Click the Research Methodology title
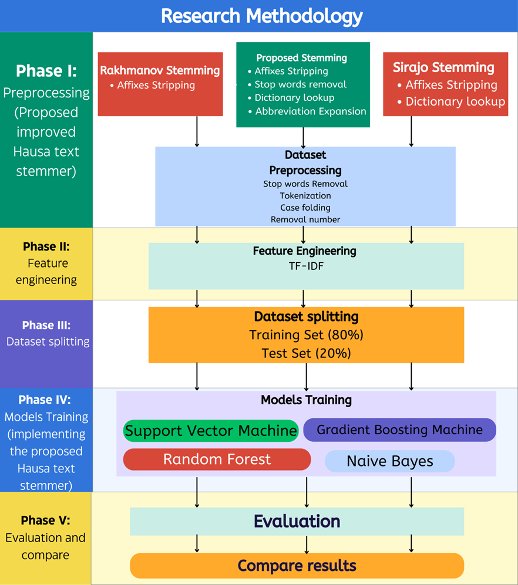pyautogui.click(x=261, y=16)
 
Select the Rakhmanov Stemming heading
pyautogui.click(x=160, y=70)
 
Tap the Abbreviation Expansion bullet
pyautogui.click(x=310, y=111)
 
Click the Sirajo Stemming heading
pyautogui.click(x=443, y=67)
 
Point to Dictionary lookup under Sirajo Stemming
pyautogui.click(x=455, y=102)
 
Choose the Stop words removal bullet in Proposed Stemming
pyautogui.click(x=300, y=84)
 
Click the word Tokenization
pyautogui.click(x=305, y=195)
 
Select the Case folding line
pyautogui.click(x=305, y=207)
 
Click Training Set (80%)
pyautogui.click(x=306, y=335)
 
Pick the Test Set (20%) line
pyautogui.click(x=306, y=353)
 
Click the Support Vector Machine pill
pyautogui.click(x=211, y=431)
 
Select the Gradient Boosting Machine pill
pyautogui.click(x=399, y=430)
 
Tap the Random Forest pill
pyautogui.click(x=217, y=459)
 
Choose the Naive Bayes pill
pyautogui.click(x=390, y=461)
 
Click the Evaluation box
pyautogui.click(x=297, y=521)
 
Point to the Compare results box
pyautogui.click(x=297, y=566)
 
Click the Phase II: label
pyautogui.click(x=46, y=246)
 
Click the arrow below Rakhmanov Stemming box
pyautogui.click(x=197, y=131)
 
